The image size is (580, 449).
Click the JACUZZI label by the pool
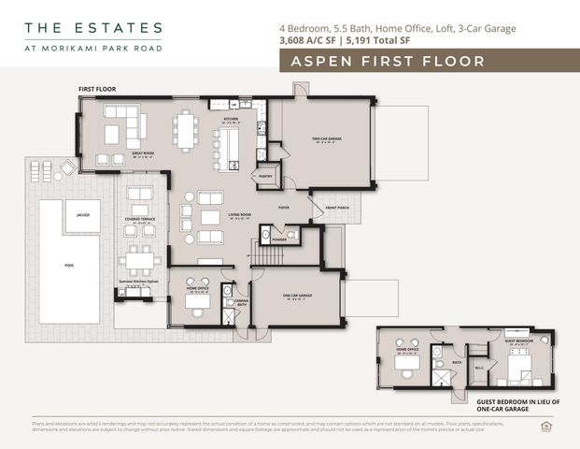tap(82, 215)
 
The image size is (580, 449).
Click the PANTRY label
tap(265, 175)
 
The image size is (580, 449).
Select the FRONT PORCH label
tap(338, 207)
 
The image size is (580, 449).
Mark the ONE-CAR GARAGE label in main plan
tap(298, 297)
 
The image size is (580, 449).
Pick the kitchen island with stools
tap(227, 148)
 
